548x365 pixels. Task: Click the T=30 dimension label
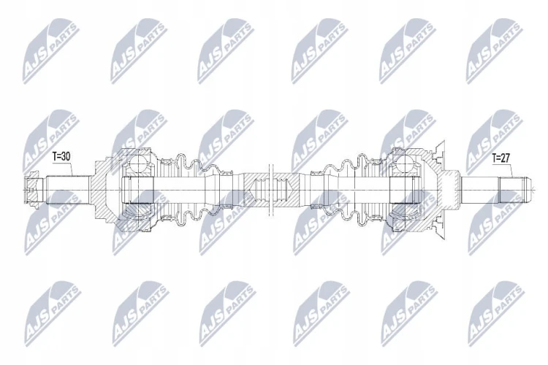[61, 157]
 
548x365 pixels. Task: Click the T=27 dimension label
[501, 158]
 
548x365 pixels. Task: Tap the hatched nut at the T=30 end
[34, 190]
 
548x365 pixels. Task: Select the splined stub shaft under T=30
[67, 190]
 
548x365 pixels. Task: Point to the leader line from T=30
[71, 169]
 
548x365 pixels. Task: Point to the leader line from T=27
[511, 170]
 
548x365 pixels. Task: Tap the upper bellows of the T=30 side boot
[191, 164]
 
